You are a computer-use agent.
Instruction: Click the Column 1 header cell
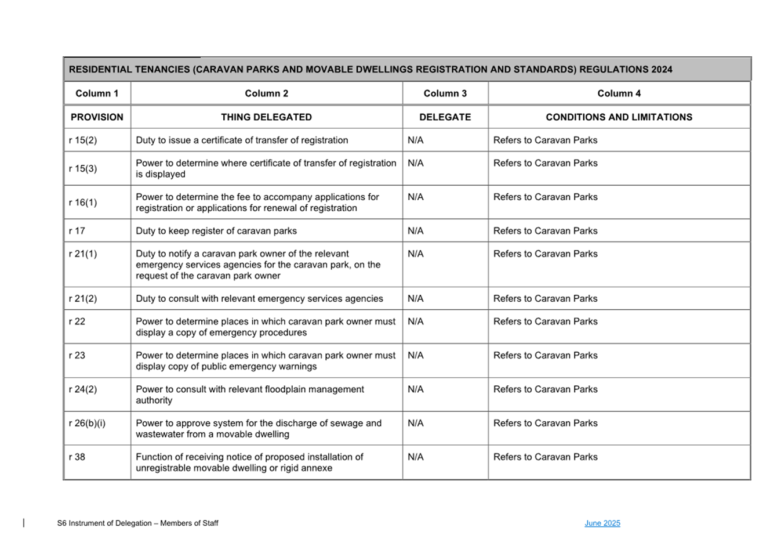[x=97, y=93]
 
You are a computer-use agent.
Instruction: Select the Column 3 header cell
[x=445, y=93]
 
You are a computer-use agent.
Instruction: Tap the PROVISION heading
[x=97, y=117]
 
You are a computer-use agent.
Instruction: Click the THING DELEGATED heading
[x=266, y=117]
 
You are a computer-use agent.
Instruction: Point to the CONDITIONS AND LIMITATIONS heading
[x=619, y=117]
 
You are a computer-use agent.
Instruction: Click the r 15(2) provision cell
[x=83, y=140]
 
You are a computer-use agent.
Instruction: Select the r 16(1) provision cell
[x=83, y=203]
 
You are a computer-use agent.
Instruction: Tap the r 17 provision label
[x=77, y=231]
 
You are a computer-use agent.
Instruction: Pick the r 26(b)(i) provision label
[x=87, y=424]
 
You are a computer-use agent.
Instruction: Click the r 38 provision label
[x=77, y=457]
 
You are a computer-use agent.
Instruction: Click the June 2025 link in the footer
[x=602, y=523]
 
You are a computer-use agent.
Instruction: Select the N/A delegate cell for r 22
[x=416, y=321]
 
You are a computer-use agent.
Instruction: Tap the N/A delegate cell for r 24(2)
[x=416, y=389]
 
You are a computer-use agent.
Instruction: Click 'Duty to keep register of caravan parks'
[x=216, y=231]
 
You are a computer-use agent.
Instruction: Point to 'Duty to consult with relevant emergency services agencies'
[x=259, y=299]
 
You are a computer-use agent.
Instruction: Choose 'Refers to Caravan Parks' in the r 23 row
[x=545, y=356]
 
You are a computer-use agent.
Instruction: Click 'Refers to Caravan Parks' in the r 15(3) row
[x=545, y=164]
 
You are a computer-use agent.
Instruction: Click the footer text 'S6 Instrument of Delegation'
[x=104, y=523]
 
